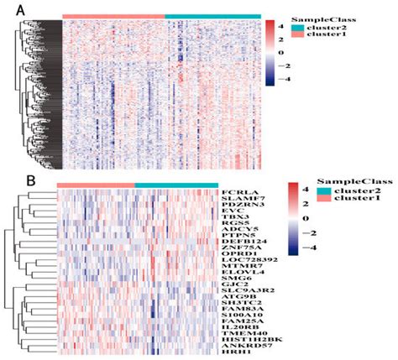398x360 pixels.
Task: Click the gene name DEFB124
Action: pyautogui.click(x=241, y=243)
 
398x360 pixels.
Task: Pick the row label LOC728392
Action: pyautogui.click(x=244, y=263)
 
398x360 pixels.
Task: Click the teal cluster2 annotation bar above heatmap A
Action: pyautogui.click(x=212, y=16)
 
